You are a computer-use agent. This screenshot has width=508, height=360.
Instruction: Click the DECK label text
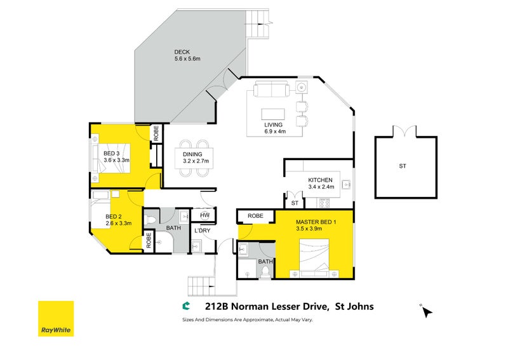(182, 52)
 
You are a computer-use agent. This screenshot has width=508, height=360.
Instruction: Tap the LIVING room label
(274, 124)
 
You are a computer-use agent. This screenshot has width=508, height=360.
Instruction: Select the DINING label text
(192, 154)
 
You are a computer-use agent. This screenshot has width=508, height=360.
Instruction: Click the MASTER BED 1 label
(316, 222)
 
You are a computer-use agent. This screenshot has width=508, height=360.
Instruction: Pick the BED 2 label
(114, 216)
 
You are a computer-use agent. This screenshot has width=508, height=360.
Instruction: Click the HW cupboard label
(204, 215)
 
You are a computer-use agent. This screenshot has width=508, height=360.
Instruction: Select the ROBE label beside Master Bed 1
(255, 216)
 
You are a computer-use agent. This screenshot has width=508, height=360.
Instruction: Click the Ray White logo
(56, 319)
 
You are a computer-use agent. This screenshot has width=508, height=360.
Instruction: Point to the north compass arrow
(427, 312)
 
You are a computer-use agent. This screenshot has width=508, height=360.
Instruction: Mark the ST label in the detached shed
(402, 166)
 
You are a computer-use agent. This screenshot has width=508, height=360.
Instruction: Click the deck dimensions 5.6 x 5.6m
(187, 59)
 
